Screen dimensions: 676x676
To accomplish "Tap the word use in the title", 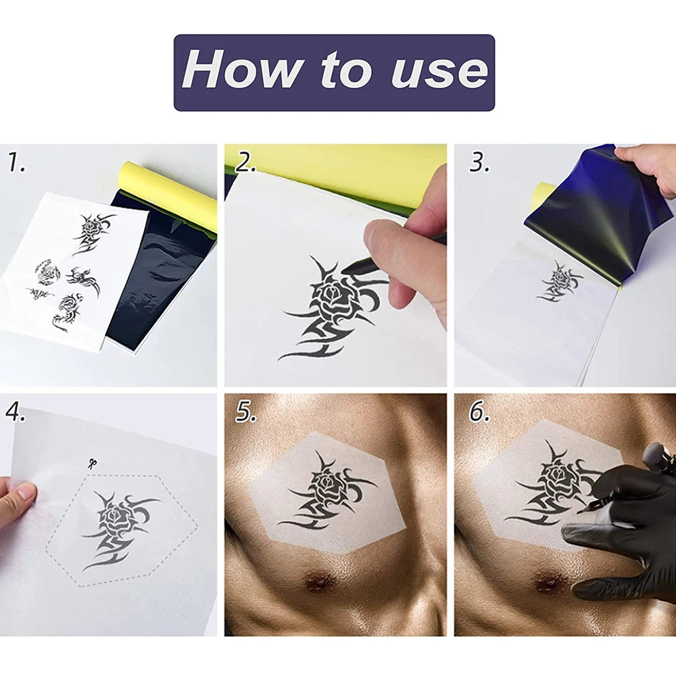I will point(440,72).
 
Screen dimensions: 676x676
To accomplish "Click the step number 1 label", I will point(16,163).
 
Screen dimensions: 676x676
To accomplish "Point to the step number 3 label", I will point(479,163).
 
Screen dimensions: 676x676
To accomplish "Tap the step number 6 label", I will point(479,412).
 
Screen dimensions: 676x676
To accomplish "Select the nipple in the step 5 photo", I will point(318,581).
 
